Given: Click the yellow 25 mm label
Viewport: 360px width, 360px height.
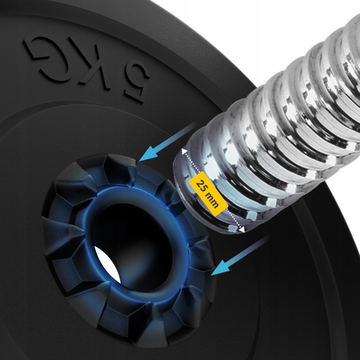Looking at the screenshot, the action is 208,193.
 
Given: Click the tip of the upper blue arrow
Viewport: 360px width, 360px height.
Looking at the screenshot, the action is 139,161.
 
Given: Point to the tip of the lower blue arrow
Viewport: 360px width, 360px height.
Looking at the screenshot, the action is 211,275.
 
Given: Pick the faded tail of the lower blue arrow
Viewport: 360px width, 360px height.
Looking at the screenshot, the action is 267,237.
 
